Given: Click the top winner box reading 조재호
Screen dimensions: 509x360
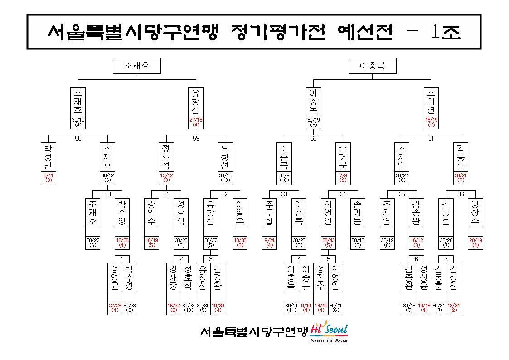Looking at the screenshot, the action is pos(137,66).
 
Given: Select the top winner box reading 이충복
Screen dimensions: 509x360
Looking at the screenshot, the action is pos(372,66).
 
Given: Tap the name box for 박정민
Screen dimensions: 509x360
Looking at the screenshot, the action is pos(48,157).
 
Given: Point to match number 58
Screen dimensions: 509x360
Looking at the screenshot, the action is pos(78,138).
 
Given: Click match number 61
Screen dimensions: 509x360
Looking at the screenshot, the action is pos(431,138).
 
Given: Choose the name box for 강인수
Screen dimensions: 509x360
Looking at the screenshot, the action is pos(151,213).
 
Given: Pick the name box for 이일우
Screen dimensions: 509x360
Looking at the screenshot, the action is pos(240,213).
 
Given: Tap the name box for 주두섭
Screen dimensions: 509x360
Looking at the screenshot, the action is pos(269,213).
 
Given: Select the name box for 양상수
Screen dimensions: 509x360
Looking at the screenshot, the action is pos(475,213).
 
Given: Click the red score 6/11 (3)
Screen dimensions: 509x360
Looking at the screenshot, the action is pos(48,178).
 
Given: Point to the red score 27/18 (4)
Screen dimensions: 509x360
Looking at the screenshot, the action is pos(196,122).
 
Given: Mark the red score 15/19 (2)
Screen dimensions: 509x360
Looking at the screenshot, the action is pos(431,122).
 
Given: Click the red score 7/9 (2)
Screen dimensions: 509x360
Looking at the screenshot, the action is pos(343,178).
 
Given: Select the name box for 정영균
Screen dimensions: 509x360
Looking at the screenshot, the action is pos(115,277).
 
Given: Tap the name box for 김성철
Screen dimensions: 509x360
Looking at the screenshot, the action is pos(453,277).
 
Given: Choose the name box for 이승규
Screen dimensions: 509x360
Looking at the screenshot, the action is pos(306,277).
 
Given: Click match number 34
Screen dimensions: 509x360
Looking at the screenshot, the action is pos(343,194).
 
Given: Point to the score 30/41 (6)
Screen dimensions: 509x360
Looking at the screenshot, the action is pos(336,308).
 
